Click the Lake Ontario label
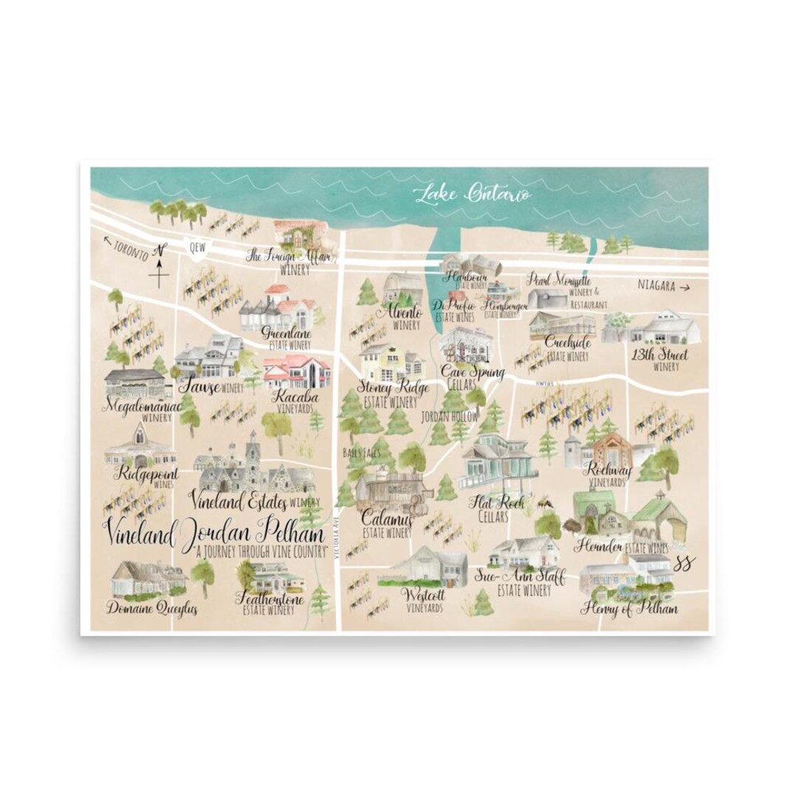click(472, 195)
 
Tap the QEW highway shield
click(196, 249)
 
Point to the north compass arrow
click(159, 270)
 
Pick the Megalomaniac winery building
click(135, 384)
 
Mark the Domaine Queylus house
click(147, 579)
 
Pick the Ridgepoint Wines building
click(139, 446)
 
